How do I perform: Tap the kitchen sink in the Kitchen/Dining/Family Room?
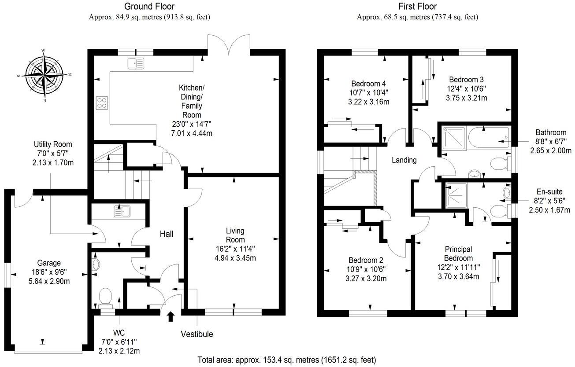(x=136, y=63)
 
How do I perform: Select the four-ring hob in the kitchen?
(x=102, y=102)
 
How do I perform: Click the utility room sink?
(x=123, y=211)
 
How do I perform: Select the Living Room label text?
(x=235, y=235)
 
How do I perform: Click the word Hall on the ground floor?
(x=166, y=234)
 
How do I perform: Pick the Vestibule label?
(x=197, y=334)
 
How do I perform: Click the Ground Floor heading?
(x=149, y=6)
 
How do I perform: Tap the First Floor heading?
(x=417, y=6)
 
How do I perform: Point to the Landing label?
(x=404, y=160)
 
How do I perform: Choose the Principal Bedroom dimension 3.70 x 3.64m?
(x=458, y=276)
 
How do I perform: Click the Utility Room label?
(x=53, y=144)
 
